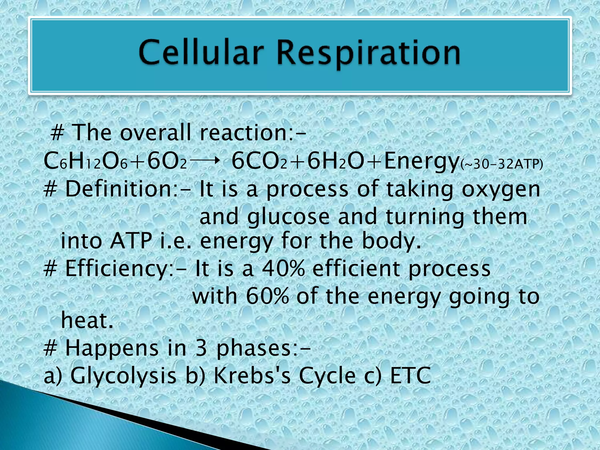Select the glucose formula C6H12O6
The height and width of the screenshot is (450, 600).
(x=85, y=162)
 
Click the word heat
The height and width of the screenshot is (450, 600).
(x=87, y=321)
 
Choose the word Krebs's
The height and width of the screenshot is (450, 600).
(x=252, y=376)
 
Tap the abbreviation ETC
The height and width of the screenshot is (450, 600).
(x=410, y=376)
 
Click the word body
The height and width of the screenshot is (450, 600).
(x=391, y=241)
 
